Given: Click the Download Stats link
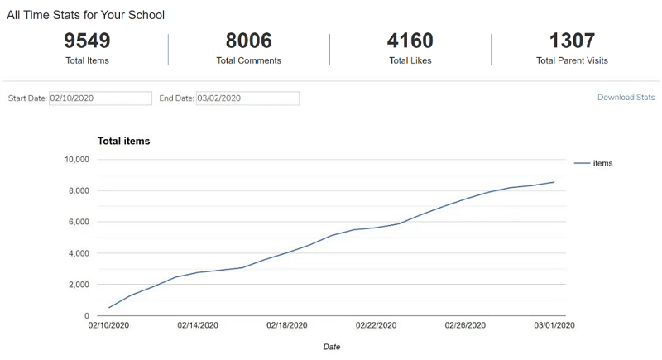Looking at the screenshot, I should tap(626, 98).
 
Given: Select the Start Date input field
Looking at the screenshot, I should tap(100, 98).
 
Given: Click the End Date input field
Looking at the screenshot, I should tap(247, 98).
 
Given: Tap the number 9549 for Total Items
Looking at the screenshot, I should tap(87, 41).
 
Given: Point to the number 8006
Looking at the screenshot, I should tap(248, 41).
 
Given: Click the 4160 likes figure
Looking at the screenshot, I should tap(410, 41).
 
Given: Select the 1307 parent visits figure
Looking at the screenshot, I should tap(572, 41).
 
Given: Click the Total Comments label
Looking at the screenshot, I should tap(248, 60).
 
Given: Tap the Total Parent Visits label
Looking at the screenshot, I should tap(572, 60).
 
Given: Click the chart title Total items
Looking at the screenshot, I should tap(123, 142).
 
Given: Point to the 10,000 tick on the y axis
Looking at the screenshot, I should tap(75, 160).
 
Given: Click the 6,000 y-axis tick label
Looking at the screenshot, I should tap(78, 222).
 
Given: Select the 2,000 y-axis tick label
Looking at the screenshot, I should tap(78, 285).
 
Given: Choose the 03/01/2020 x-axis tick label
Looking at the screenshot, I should tap(554, 326).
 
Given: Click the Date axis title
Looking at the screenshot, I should tap(331, 347).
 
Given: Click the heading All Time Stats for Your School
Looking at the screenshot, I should tap(86, 15).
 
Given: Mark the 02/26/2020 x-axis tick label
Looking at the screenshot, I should tap(464, 326).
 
